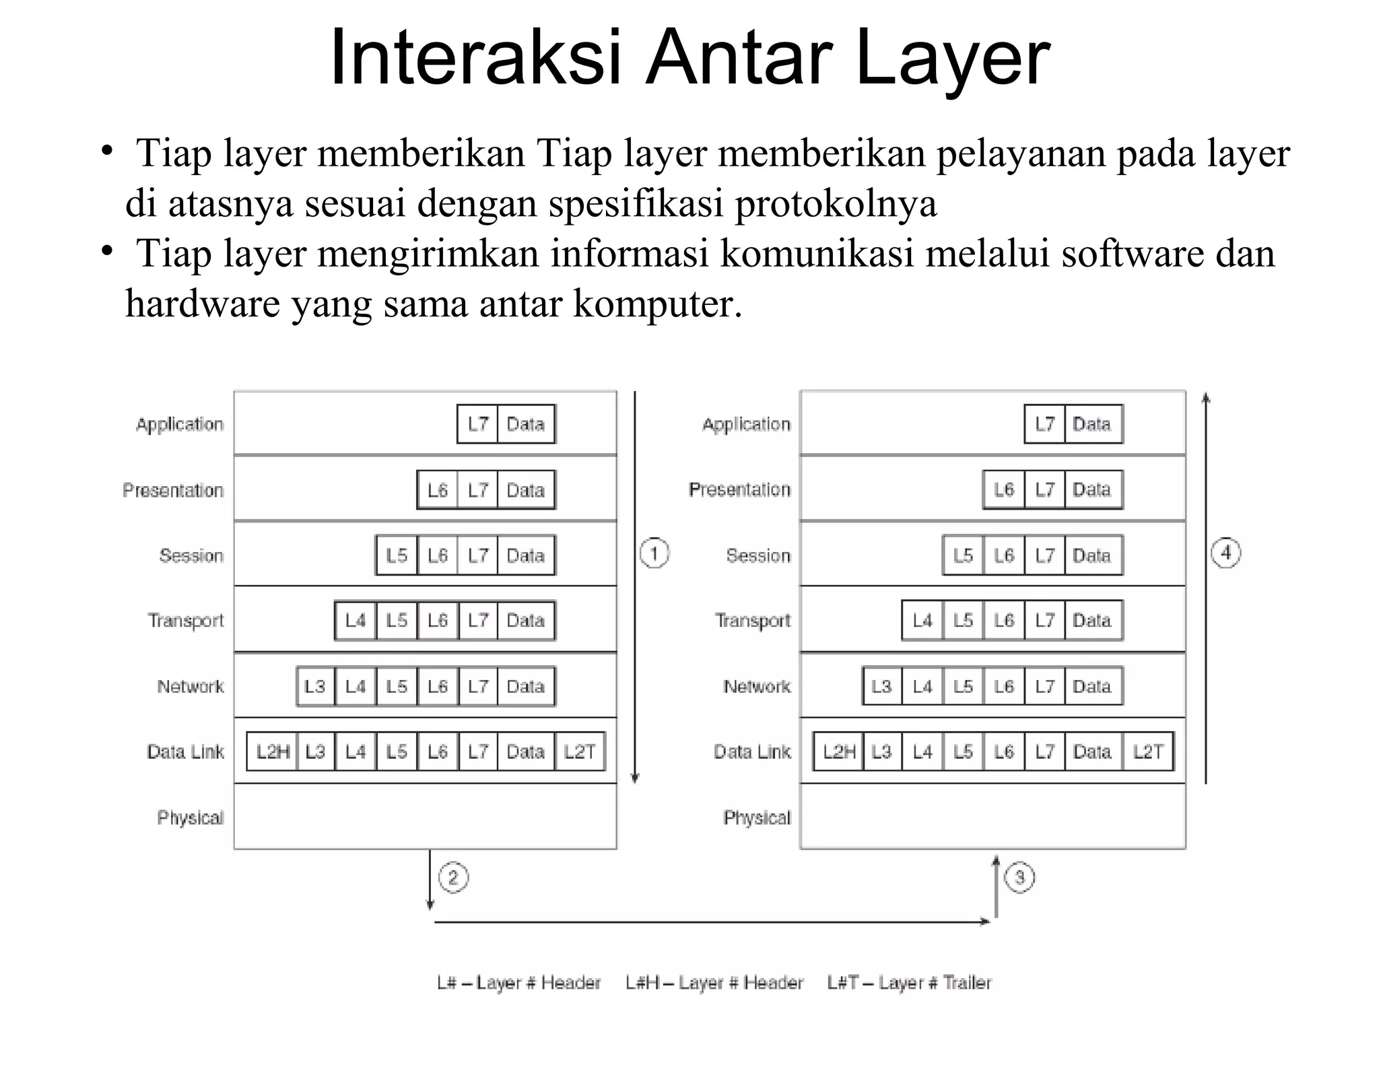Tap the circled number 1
654,553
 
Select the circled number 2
453,878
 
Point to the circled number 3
1019,878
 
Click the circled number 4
1225,553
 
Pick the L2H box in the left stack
272,751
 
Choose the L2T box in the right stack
1147,751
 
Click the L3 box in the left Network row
315,686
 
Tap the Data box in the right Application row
1092,424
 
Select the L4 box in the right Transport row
922,620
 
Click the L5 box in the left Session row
397,555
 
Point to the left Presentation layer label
173,490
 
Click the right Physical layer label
757,817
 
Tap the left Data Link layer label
185,751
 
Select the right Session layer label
758,555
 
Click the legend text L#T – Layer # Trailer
909,983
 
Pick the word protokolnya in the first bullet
836,203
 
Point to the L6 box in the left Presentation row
438,490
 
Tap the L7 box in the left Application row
477,424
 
